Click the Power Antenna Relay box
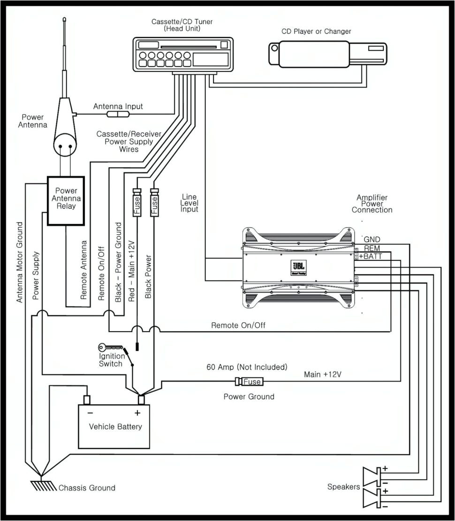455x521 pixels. coord(66,198)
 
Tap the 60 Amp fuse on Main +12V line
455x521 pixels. coord(249,381)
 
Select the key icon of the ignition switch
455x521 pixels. coord(109,348)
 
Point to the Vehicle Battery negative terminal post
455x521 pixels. coord(86,399)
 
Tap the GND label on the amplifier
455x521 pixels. coord(372,240)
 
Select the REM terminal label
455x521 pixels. coord(372,248)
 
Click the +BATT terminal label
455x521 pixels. coord(371,256)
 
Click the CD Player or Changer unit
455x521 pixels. coord(327,53)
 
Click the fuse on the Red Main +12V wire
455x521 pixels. coord(137,202)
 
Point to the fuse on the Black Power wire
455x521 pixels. coord(154,202)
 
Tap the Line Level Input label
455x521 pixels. coord(190,203)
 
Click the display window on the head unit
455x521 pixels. coord(211,59)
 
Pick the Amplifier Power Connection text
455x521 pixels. coord(372,204)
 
